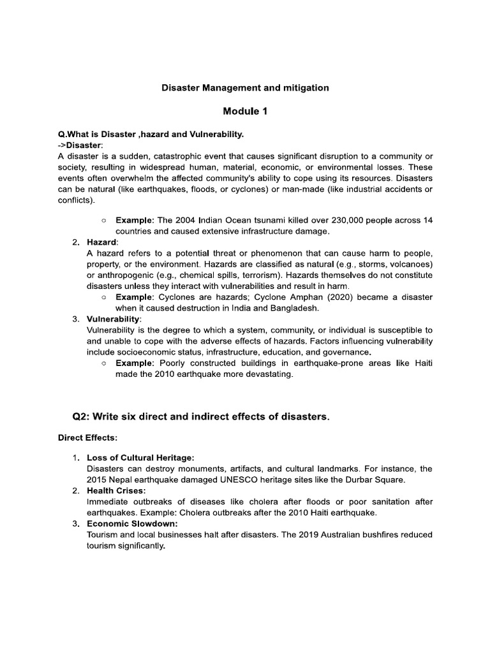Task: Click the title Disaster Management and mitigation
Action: coord(245,87)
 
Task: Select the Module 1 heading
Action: coord(245,112)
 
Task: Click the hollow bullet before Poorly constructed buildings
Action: coord(103,363)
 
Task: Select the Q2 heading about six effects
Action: coord(202,417)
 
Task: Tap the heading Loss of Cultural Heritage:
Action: coord(140,458)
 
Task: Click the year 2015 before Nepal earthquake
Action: coord(97,480)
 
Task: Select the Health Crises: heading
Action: coord(116,490)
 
